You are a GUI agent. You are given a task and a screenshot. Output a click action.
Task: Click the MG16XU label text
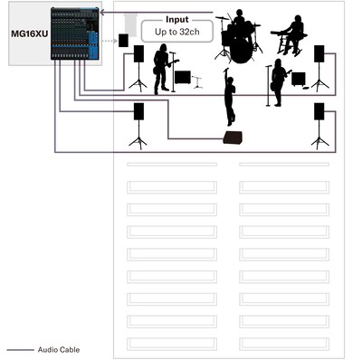pos(29,33)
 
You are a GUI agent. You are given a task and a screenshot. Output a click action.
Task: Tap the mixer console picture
pos(75,33)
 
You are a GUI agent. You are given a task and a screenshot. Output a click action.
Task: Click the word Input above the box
pos(177,20)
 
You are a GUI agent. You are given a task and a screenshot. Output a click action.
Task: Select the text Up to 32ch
pos(177,32)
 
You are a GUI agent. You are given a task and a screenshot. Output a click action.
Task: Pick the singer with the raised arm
pos(229,97)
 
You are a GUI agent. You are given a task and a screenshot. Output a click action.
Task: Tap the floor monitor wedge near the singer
pos(233,137)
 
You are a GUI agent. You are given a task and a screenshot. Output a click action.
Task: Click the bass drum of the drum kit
pos(241,52)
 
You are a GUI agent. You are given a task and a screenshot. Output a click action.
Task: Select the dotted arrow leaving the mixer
pos(110,41)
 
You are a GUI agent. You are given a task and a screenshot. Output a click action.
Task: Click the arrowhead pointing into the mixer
pos(102,13)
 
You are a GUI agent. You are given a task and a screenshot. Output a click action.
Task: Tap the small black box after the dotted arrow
pos(123,41)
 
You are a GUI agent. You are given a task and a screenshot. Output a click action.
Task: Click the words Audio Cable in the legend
pos(59,350)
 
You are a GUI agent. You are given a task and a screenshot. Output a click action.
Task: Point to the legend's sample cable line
pos(21,350)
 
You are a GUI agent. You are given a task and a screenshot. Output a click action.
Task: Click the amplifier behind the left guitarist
pos(183,78)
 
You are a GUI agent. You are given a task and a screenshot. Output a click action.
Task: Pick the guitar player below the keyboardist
pos(279,82)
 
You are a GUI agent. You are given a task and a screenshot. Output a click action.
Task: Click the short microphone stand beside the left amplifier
pos(197,82)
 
